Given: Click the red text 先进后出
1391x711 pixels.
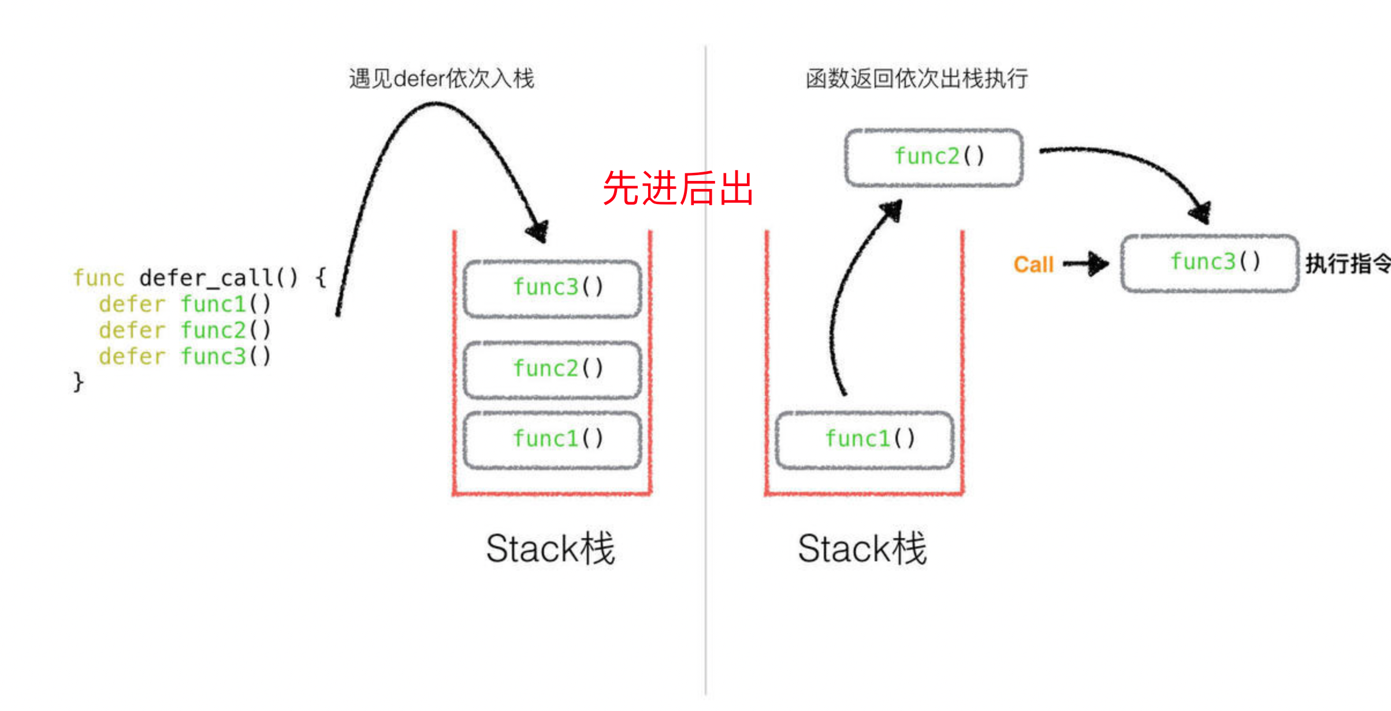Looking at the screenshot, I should [x=678, y=188].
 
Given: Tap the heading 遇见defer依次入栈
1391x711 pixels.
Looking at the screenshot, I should [x=441, y=79].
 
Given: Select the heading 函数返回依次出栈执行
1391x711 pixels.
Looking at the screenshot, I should [x=917, y=79].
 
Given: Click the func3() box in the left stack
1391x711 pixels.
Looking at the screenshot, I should [x=553, y=288].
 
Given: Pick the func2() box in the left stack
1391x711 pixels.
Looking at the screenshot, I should [x=553, y=369].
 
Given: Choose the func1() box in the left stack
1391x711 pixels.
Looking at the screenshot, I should [x=553, y=439].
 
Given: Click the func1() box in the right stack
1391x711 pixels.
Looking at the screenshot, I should [x=865, y=439].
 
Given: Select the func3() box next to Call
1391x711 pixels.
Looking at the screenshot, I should [x=1210, y=262].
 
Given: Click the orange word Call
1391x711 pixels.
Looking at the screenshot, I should [x=1033, y=265].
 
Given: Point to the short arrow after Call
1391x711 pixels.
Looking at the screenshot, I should [x=1086, y=264].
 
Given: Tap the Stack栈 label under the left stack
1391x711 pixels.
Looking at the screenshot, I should [x=551, y=549].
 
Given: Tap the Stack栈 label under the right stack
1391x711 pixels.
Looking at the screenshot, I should [x=862, y=549].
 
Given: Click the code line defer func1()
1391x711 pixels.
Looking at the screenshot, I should [x=184, y=304].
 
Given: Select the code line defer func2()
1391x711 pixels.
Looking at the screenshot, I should [x=184, y=331].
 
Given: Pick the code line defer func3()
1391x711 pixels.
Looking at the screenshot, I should [x=184, y=357].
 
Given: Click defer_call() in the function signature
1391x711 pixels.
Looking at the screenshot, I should [x=218, y=278].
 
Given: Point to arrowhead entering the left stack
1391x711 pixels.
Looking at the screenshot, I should [x=538, y=231].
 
